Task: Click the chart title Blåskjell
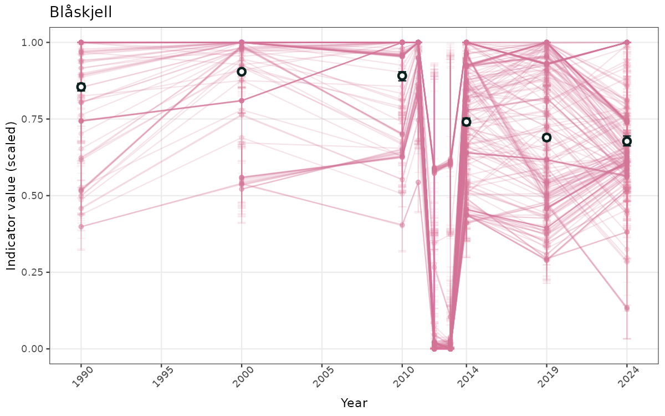81,12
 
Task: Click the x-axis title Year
354,403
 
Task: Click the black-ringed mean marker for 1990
81,87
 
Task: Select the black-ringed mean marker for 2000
242,72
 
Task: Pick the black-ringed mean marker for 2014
466,121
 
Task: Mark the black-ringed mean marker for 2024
627,141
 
